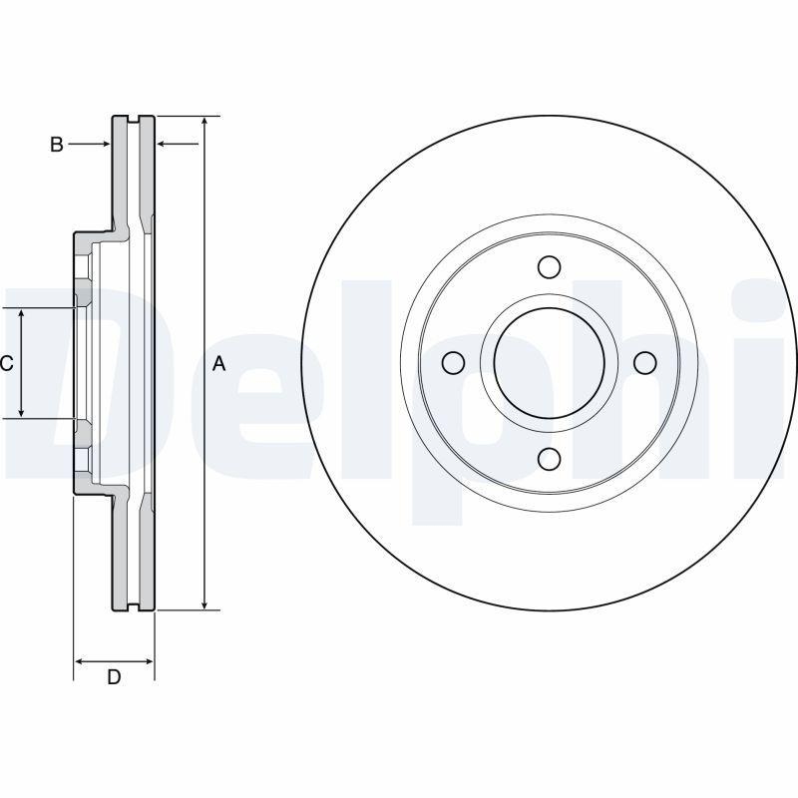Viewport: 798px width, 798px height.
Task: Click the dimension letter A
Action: coord(219,364)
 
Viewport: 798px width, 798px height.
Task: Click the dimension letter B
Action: coord(57,145)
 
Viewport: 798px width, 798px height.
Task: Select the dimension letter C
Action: coord(6,363)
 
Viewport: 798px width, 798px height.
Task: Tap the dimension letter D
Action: coord(114,677)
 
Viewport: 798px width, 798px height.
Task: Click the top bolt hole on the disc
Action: coord(549,267)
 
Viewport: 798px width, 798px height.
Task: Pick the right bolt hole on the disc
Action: coord(643,362)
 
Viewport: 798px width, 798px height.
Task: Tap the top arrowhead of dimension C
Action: coord(22,314)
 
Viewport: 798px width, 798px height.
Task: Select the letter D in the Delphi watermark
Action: coord(60,379)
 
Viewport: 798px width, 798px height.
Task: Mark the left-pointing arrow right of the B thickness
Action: coord(165,145)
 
